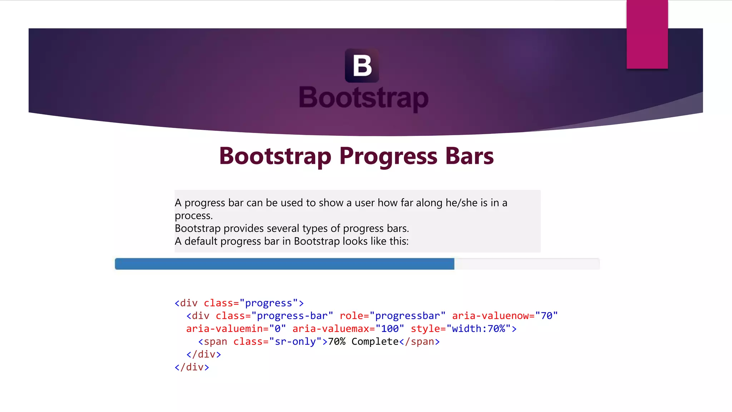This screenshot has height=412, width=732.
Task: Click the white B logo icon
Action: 362,65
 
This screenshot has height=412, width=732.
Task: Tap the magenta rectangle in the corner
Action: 647,34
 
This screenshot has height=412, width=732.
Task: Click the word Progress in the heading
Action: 388,156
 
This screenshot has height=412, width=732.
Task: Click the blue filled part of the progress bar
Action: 284,264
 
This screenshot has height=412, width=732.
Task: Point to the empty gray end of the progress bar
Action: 526,264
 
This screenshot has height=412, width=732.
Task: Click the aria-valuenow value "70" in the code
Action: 546,316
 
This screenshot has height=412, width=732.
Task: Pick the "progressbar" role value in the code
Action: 407,316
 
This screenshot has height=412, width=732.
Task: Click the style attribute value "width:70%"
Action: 478,329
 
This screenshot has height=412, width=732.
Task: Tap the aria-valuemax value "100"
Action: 390,329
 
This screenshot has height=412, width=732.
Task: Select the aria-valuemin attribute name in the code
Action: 224,329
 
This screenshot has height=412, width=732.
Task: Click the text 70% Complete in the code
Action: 363,342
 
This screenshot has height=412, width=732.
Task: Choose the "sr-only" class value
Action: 295,342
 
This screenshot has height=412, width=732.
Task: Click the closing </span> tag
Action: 419,342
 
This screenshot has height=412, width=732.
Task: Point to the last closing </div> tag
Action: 192,367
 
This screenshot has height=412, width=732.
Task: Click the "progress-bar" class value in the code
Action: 292,316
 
